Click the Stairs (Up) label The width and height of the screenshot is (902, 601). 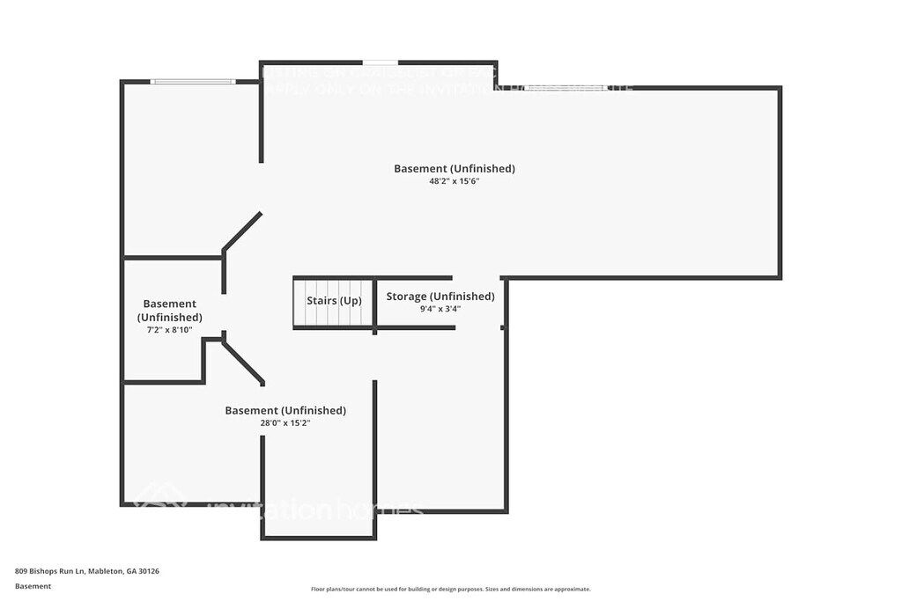click(x=334, y=301)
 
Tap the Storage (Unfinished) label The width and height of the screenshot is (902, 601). click(x=440, y=297)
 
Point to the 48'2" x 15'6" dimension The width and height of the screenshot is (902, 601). click(x=454, y=182)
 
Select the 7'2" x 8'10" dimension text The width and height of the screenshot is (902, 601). click(x=169, y=330)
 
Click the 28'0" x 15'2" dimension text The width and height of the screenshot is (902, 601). click(x=285, y=423)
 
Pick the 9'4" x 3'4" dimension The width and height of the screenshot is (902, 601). click(x=440, y=309)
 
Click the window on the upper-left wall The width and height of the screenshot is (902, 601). click(x=192, y=82)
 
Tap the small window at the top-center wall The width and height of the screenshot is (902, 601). click(x=380, y=62)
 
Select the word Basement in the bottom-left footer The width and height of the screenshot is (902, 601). click(x=33, y=586)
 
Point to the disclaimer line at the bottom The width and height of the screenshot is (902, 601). click(x=450, y=590)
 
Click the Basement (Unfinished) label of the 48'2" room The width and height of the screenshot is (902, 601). click(x=454, y=168)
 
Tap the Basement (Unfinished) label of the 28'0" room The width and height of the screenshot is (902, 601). click(x=285, y=410)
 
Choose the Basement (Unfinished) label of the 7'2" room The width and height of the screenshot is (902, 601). click(x=169, y=311)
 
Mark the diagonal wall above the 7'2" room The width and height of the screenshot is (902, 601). click(x=242, y=231)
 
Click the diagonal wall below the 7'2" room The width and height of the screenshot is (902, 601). click(x=243, y=363)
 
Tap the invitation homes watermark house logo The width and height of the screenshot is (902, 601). click(x=159, y=497)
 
